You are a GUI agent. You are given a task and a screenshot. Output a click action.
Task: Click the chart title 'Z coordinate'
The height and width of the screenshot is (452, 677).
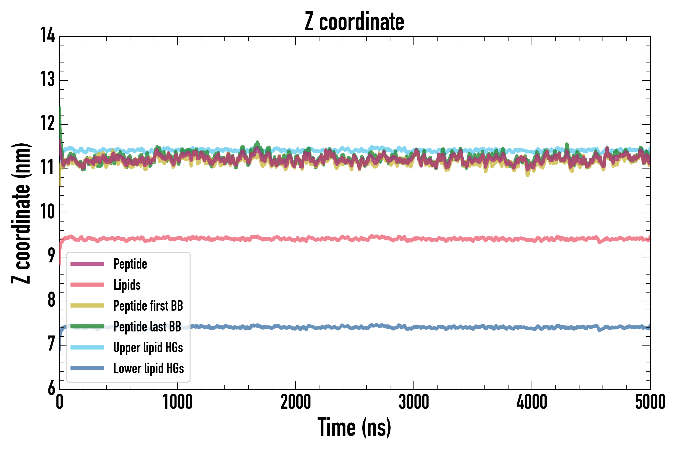coord(354,22)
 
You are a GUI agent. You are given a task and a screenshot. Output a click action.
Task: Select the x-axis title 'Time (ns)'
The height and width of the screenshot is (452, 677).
coord(354,427)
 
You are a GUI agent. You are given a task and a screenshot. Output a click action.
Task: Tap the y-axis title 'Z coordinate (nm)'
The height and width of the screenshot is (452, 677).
coord(21,213)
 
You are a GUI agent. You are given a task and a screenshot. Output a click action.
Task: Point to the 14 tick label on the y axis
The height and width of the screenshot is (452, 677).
coord(47,35)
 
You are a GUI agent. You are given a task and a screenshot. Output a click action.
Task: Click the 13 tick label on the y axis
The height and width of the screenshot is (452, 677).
coord(47,80)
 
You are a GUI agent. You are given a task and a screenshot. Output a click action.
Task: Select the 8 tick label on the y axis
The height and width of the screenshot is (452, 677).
coord(51,300)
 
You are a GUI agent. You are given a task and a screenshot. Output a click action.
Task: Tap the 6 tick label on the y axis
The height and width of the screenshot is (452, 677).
coord(51,388)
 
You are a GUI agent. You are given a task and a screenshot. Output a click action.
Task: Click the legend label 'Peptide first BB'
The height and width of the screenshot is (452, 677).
coord(148,306)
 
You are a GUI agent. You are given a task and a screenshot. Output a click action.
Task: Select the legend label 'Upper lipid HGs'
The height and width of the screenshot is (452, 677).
coord(148,347)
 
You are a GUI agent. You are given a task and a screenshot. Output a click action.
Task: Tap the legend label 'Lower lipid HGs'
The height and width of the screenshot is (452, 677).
coord(148,368)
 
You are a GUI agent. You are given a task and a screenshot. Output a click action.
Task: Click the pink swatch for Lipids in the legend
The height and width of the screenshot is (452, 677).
coord(87,285)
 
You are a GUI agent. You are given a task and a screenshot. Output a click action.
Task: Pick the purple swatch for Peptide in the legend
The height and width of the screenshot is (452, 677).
coord(87,264)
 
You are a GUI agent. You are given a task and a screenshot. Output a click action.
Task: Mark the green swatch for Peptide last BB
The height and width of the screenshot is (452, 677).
coord(87,326)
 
